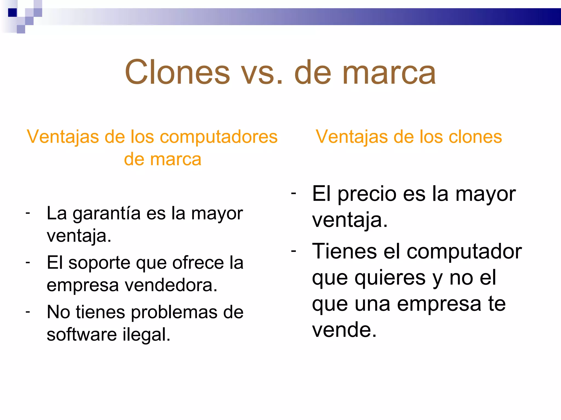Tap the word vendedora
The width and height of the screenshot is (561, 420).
[171, 285]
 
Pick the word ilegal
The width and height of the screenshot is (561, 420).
[146, 335]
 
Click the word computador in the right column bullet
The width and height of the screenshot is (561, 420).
[464, 252]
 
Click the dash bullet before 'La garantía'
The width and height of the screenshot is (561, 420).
[28, 213]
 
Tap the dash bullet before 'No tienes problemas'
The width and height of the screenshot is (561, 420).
[28, 312]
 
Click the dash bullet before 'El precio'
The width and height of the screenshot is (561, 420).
[294, 193]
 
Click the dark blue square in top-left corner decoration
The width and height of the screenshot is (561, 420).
[13, 13]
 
